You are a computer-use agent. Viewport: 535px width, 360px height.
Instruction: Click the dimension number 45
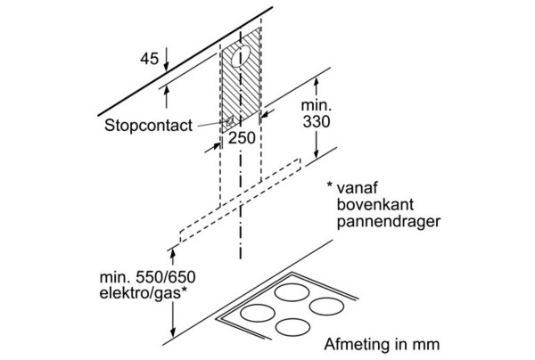[150, 59]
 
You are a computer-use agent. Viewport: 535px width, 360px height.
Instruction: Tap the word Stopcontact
[148, 126]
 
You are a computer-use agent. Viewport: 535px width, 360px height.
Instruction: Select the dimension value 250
[242, 138]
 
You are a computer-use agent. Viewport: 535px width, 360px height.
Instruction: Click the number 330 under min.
[317, 122]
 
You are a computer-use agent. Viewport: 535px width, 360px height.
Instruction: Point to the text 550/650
[166, 277]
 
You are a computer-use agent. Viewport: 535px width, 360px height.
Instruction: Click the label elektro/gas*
[144, 293]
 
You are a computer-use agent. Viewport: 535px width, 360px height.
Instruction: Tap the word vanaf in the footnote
[358, 188]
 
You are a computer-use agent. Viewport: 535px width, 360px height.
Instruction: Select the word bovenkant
[375, 204]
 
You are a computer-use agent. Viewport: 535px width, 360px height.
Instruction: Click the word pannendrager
[389, 222]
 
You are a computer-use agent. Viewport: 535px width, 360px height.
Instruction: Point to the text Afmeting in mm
[382, 344]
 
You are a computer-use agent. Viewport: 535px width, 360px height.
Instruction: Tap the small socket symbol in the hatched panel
[230, 120]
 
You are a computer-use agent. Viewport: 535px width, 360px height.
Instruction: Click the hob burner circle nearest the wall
[292, 293]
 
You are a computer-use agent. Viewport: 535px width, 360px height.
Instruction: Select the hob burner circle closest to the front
[292, 327]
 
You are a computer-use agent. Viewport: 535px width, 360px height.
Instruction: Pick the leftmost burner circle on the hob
[258, 314]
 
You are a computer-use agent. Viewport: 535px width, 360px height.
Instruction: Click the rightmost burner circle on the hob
[326, 307]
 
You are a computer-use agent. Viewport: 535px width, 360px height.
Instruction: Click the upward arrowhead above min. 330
[317, 84]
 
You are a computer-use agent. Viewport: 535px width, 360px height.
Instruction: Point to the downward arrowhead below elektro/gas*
[173, 331]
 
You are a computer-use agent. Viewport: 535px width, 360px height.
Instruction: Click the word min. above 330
[317, 105]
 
